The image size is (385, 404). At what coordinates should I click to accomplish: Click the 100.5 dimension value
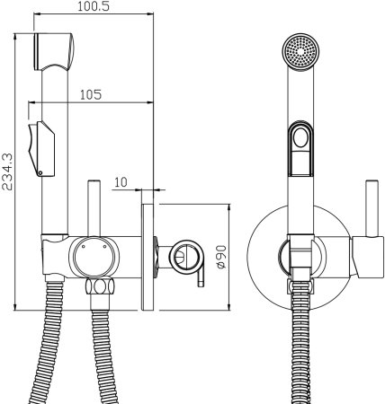pos(94,6)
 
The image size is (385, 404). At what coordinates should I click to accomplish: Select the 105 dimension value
pos(91,94)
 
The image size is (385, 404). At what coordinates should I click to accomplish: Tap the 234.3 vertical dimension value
pos(7,171)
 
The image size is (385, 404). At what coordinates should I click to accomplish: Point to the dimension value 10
pos(121,182)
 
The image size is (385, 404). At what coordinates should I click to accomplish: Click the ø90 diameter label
pos(221,257)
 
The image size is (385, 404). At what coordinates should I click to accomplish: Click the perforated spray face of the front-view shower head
pos(300,51)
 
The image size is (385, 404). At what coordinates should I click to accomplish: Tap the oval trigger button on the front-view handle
pos(300,138)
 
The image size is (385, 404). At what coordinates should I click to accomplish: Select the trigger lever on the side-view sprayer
pos(41,149)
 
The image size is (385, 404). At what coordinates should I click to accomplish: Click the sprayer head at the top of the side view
pos(54,51)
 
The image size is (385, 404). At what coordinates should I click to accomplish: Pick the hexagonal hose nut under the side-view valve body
pos(100,286)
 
